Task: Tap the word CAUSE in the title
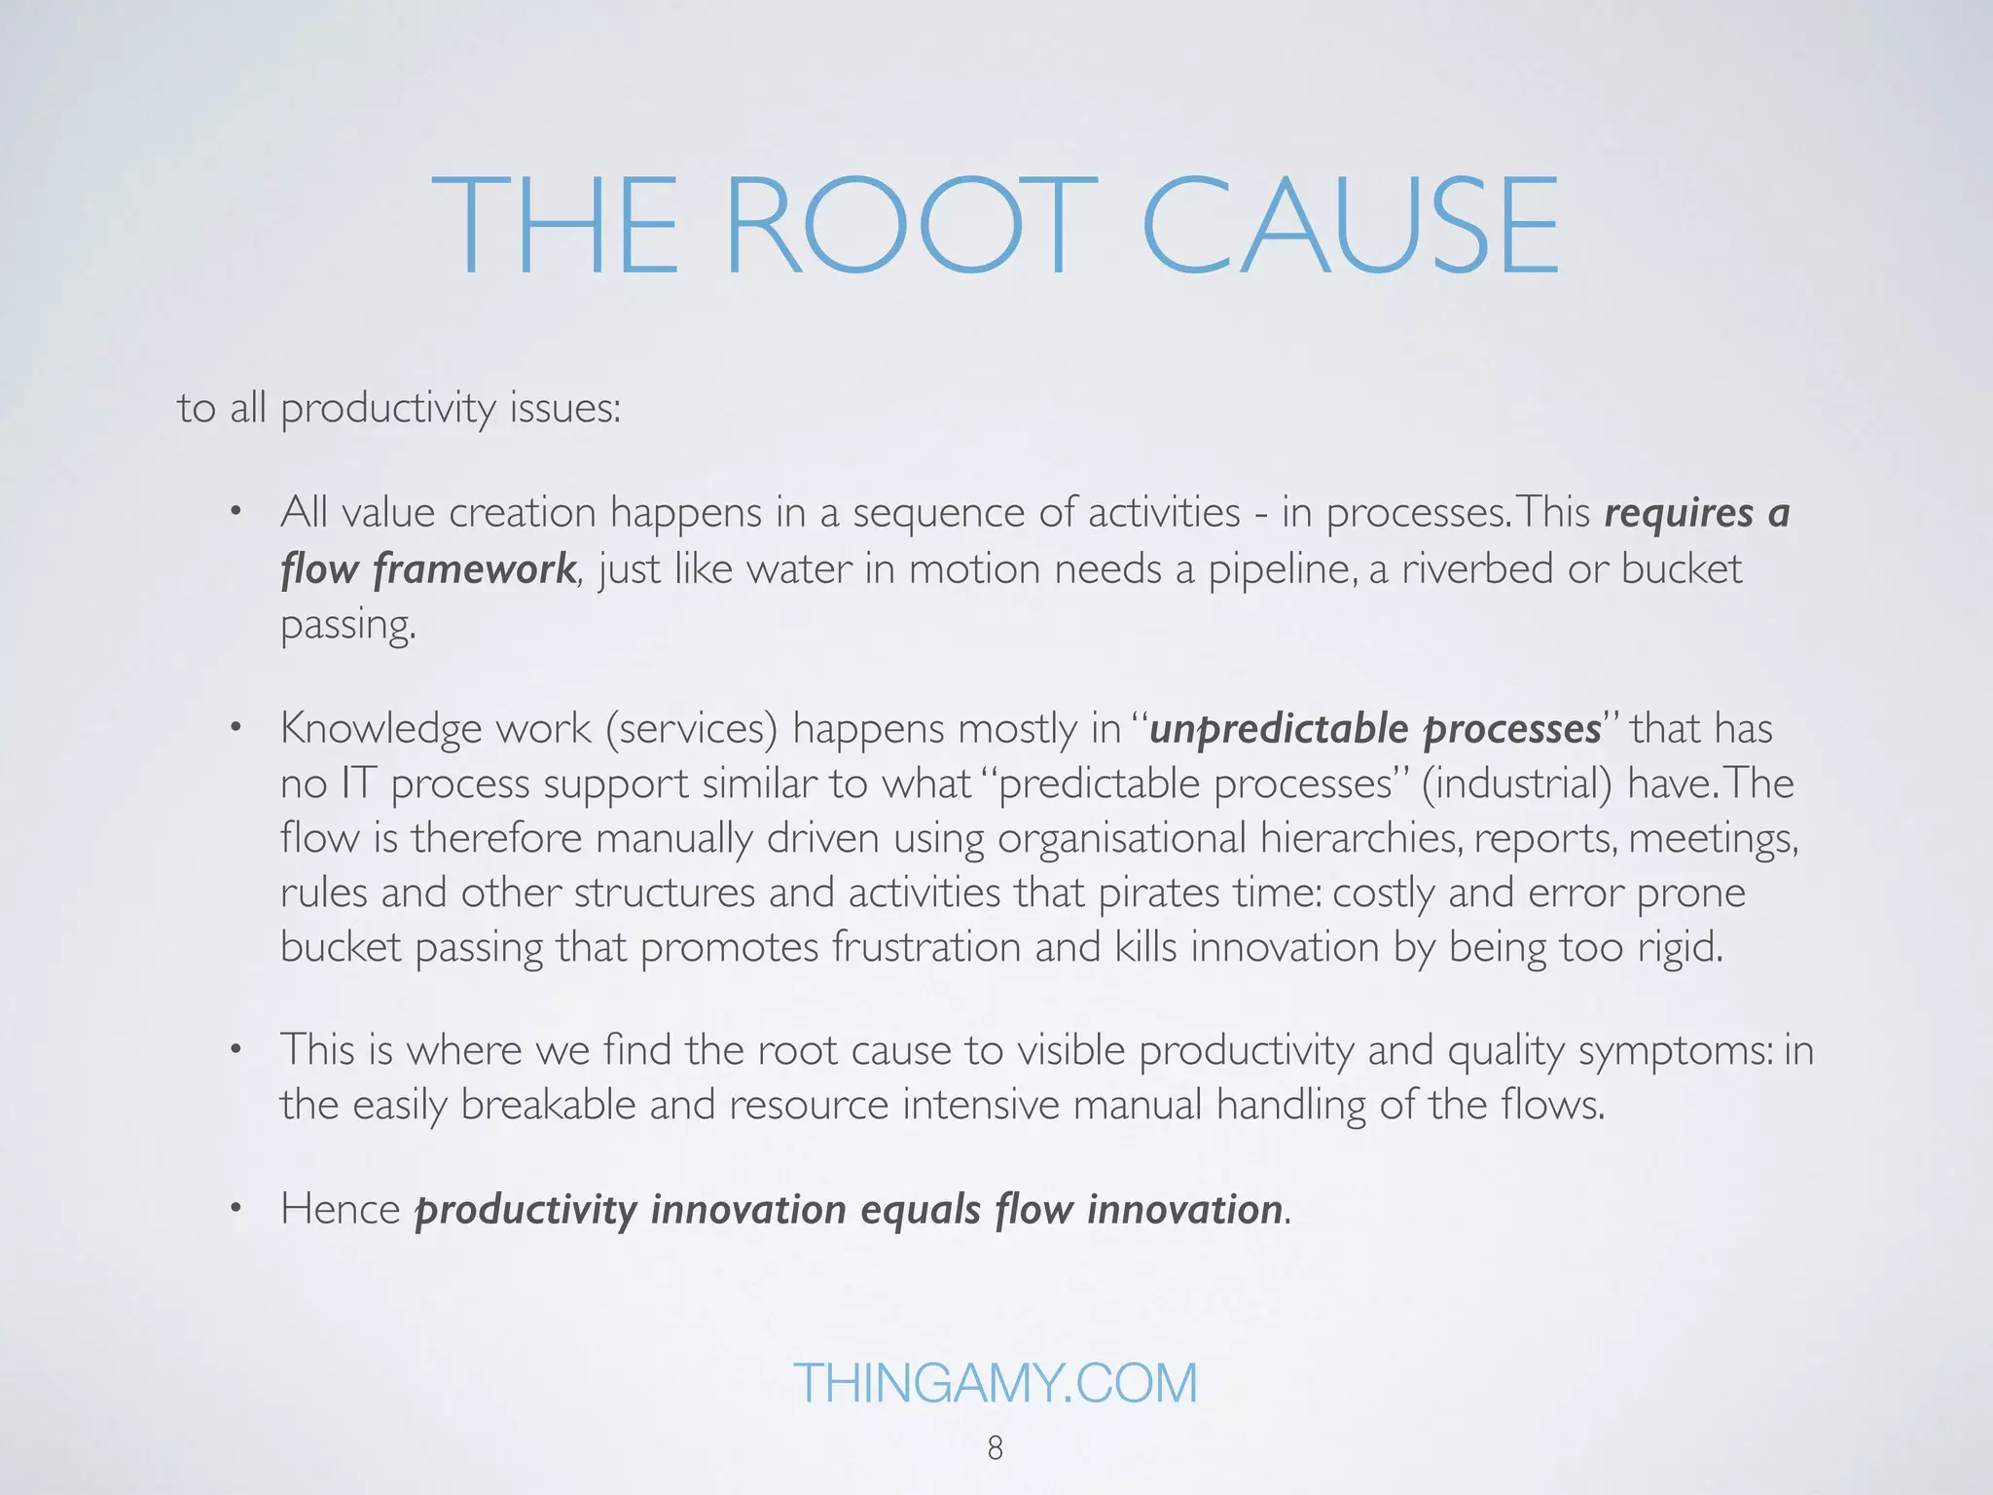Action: coord(1350,226)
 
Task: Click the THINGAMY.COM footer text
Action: coord(995,1382)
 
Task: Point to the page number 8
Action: coord(995,1448)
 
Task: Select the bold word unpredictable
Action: coord(1279,729)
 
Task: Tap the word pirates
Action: coord(1159,893)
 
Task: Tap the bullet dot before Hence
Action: coord(235,1210)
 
